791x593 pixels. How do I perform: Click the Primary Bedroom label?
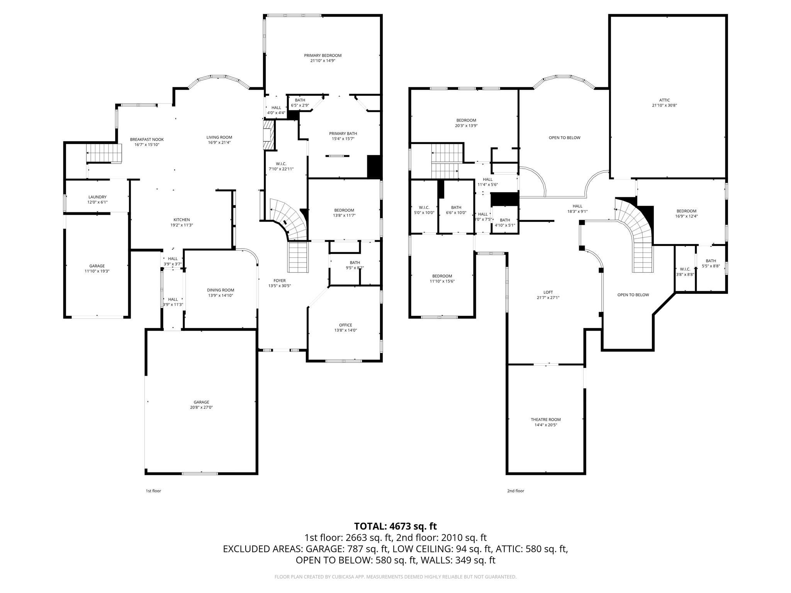pos(323,56)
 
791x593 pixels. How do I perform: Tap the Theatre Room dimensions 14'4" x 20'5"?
pos(545,425)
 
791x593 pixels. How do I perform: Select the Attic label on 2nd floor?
pos(664,100)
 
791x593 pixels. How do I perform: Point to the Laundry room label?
pos(97,197)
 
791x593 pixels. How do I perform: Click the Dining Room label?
pos(220,290)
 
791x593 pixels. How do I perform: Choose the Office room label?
pos(345,325)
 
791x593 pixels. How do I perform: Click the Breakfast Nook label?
pos(147,139)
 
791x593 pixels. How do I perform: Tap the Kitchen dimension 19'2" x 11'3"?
pos(182,225)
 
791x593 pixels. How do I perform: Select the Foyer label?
pos(279,281)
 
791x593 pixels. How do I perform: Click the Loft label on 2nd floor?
pos(548,292)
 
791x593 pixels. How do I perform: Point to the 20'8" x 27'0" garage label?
pos(201,407)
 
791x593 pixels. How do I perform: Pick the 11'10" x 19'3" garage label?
pos(97,271)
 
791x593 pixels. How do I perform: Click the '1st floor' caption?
pos(153,491)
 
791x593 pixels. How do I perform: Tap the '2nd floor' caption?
pos(515,491)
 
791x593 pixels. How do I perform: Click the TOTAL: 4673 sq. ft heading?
pos(395,526)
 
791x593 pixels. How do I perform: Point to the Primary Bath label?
pos(343,134)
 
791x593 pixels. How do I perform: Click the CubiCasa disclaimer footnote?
pos(395,577)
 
